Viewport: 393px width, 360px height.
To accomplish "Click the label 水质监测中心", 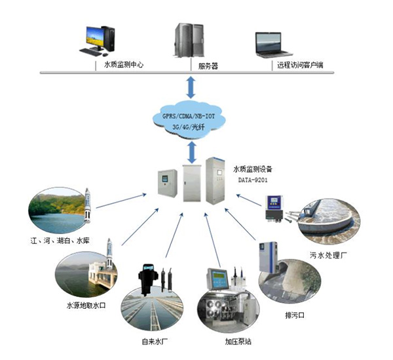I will [123, 65].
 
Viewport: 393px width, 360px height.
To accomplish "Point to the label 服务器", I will [208, 66].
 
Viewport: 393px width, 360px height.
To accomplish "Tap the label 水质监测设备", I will [252, 168].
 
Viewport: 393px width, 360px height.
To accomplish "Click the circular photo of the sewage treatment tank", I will [328, 220].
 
